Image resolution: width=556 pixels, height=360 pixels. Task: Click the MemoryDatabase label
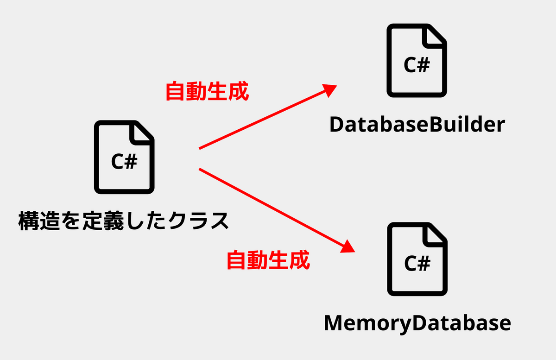(417, 323)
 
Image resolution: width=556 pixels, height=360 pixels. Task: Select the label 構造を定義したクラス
(124, 221)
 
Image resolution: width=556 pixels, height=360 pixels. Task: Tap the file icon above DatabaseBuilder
(417, 61)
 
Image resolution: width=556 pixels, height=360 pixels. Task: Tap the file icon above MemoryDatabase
(417, 259)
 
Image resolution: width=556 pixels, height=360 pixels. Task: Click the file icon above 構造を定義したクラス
(124, 157)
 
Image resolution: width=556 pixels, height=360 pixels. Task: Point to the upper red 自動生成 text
(207, 92)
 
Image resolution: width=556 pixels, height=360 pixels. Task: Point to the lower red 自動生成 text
(268, 260)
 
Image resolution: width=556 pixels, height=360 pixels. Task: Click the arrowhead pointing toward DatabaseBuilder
(329, 89)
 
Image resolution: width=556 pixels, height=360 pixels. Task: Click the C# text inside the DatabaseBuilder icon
(417, 65)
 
